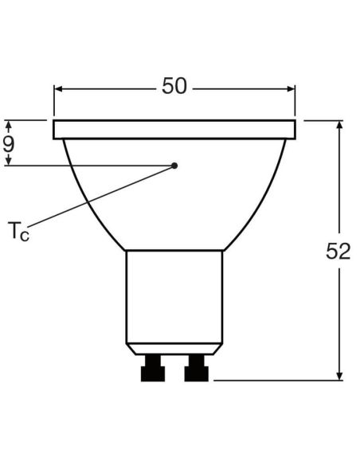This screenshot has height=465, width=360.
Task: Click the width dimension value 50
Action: (174, 86)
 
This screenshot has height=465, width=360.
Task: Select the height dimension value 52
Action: (338, 251)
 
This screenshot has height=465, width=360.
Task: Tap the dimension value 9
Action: (9, 143)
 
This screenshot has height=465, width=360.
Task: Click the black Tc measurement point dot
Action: (174, 166)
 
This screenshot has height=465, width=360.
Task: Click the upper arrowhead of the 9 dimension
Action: (9, 125)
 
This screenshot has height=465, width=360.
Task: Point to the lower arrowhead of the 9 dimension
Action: (9, 161)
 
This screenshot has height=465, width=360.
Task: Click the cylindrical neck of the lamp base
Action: (174, 295)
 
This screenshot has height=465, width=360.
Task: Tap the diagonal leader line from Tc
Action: (104, 197)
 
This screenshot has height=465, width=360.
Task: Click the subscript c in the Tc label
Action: (25, 236)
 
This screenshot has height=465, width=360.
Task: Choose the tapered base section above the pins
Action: (174, 347)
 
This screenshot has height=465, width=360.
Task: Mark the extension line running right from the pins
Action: (271, 380)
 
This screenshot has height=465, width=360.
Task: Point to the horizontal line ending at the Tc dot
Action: (88, 166)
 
